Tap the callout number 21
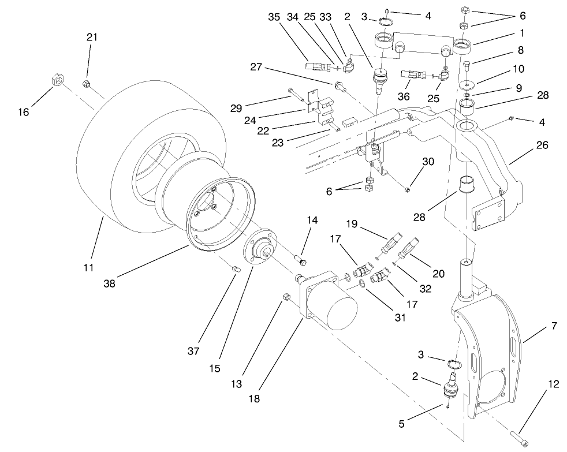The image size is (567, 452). pos(92,37)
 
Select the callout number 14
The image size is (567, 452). pos(312,220)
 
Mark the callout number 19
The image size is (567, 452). pos(353,223)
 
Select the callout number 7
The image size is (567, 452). pos(554,326)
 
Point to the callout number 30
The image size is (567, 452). pos(428,163)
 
